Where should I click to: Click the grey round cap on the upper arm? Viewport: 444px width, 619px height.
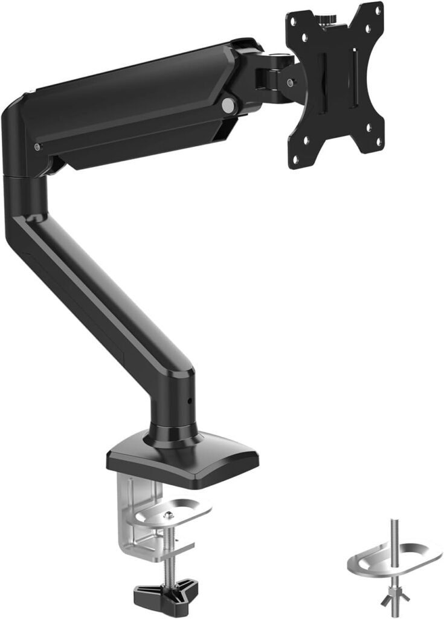(228, 105)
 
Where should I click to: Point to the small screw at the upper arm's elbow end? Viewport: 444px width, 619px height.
(38, 147)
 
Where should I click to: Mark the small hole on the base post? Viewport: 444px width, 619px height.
(188, 400)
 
